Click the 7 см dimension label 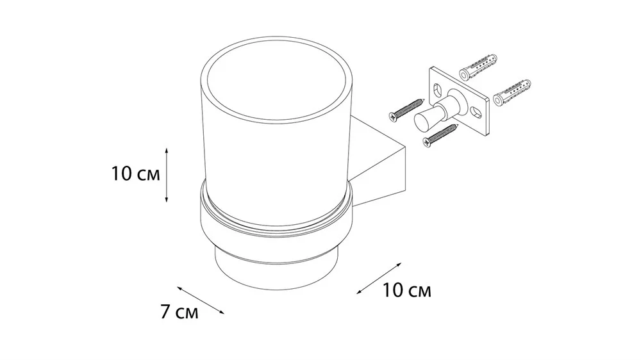pos(179,312)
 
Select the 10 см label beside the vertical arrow pos(135,174)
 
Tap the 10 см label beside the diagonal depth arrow pos(407,291)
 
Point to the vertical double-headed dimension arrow pos(167,175)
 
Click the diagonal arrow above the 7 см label pos(201,300)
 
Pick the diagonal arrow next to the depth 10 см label pos(379,278)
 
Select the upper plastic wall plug pos(478,67)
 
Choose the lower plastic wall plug pos(512,94)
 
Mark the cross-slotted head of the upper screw pos(391,117)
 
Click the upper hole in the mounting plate pos(437,88)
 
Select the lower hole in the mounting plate pos(476,111)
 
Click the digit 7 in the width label pos(165,312)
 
